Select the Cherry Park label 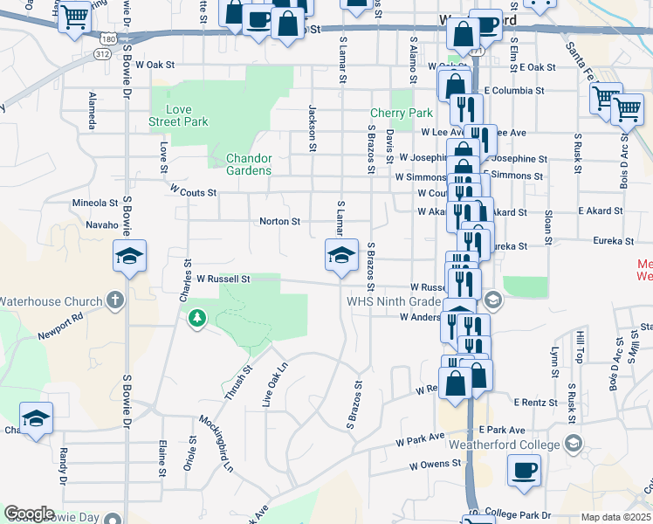point(402,113)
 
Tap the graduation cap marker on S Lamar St point(341,256)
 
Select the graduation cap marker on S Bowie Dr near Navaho point(129,257)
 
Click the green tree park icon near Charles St point(198,319)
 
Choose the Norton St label point(279,222)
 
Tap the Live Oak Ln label point(274,385)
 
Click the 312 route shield point(103,54)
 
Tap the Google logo point(29,514)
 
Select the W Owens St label point(433,466)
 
